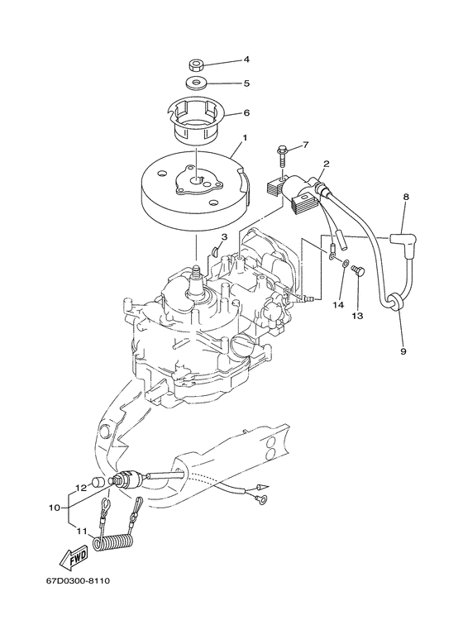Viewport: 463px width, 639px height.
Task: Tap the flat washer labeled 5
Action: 196,83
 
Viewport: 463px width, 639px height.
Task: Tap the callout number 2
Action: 327,165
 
